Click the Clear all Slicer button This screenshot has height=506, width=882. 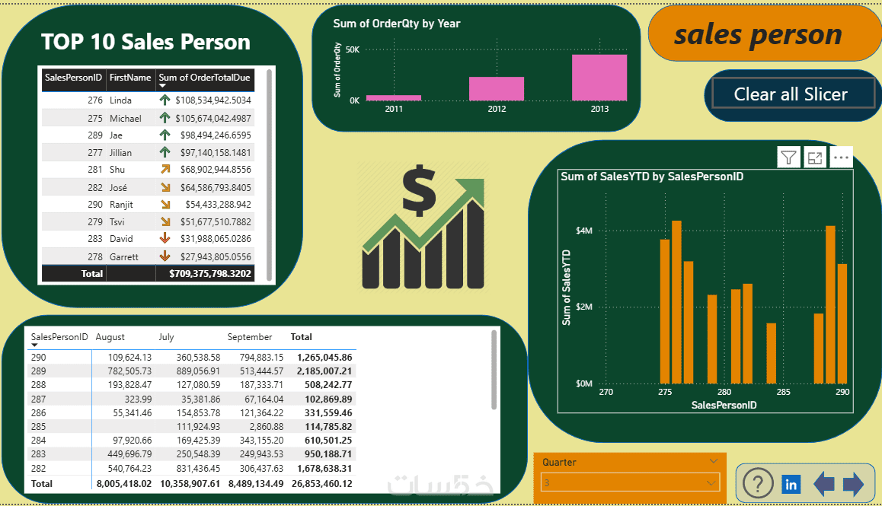791,94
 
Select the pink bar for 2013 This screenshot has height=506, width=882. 599,78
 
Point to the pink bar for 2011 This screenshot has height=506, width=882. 393,97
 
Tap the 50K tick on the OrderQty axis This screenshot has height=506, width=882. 353,49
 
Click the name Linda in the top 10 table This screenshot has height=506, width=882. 120,100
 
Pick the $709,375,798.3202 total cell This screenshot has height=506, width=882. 210,273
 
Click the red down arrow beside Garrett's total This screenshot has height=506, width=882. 165,256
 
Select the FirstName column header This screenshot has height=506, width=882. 130,78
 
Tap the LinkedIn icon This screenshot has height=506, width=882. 791,484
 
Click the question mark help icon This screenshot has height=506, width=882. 757,484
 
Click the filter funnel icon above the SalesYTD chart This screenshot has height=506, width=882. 789,158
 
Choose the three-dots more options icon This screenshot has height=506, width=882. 841,158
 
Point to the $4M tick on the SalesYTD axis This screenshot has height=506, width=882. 584,231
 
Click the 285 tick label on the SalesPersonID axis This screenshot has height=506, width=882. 783,393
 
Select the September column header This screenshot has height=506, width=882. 249,337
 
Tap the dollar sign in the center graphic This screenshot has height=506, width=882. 419,191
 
